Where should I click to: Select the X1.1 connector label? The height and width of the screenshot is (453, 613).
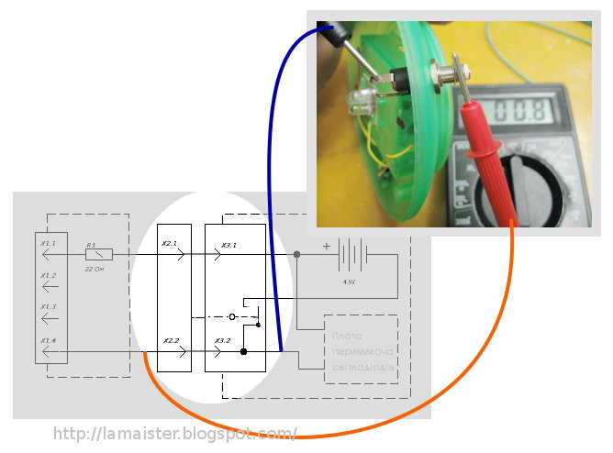[49, 243]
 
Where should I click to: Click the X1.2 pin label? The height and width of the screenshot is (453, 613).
[49, 275]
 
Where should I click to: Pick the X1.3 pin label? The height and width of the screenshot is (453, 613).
[49, 306]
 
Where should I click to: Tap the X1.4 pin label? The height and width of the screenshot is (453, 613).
[49, 339]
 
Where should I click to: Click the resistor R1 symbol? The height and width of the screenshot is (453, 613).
[98, 254]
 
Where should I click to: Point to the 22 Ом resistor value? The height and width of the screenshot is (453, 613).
[94, 270]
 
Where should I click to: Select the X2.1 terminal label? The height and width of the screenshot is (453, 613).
[170, 244]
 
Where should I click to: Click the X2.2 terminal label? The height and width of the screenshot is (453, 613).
[170, 340]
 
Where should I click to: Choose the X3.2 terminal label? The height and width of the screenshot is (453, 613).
[223, 340]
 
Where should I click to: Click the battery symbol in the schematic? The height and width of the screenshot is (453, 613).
[353, 254]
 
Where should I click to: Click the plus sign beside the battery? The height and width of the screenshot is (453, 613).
[325, 245]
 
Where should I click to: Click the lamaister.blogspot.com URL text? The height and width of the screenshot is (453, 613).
[175, 433]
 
